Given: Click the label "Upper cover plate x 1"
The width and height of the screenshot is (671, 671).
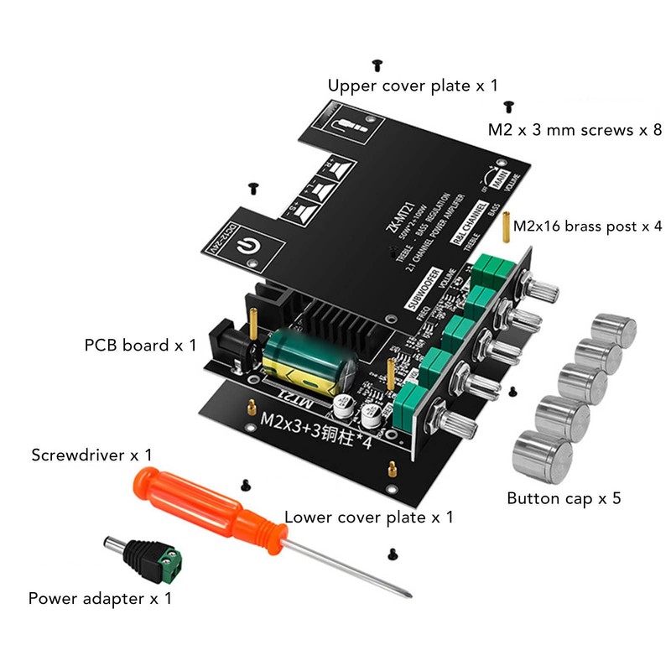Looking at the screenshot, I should click(x=413, y=86).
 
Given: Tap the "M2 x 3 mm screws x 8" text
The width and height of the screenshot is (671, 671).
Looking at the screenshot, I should click(x=575, y=131).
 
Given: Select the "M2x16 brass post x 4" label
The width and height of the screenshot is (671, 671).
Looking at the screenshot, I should click(x=588, y=226).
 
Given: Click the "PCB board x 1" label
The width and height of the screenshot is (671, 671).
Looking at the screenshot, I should click(x=140, y=345).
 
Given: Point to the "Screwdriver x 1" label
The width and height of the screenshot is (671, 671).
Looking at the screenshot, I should click(x=92, y=455).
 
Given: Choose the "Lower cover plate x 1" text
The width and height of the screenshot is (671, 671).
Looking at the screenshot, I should click(x=369, y=517).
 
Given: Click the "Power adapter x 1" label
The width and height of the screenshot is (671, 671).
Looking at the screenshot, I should click(x=100, y=599).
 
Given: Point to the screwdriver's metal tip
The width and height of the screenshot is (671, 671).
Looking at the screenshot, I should click(x=407, y=593).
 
